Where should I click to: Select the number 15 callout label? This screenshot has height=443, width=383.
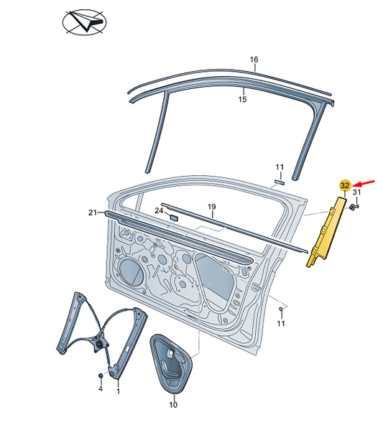[x=243, y=99]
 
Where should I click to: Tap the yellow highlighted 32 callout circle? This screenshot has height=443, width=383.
[x=346, y=185]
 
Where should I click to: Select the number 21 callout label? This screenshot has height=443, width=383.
[x=92, y=213]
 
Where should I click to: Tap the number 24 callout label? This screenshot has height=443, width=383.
[x=159, y=210]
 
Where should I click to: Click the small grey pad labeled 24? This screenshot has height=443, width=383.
[x=173, y=216]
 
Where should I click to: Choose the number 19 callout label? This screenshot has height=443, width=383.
[x=212, y=207]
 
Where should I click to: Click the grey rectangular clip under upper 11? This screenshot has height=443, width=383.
[x=280, y=182]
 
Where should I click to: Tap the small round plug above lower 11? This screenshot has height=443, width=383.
[x=281, y=308]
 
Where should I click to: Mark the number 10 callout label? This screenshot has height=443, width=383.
[x=172, y=405]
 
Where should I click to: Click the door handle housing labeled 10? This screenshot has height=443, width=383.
[x=171, y=363]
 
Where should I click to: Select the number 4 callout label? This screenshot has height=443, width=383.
[x=101, y=388]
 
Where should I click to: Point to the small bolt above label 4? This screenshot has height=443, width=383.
[x=101, y=376]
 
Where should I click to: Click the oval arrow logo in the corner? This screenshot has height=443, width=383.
[x=81, y=24]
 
